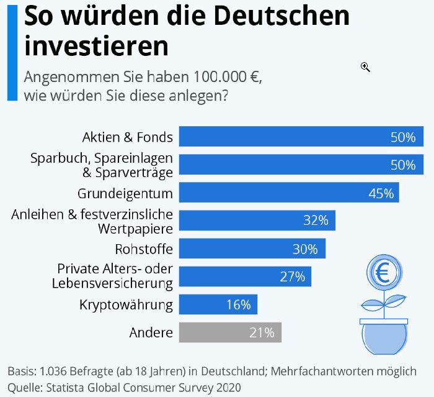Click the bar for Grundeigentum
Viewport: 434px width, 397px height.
tap(289, 193)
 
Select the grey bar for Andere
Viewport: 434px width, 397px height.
tap(230, 332)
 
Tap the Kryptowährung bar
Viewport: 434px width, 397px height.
tap(218, 304)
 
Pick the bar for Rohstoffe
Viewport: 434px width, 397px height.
tap(252, 249)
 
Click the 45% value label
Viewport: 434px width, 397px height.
tap(381, 193)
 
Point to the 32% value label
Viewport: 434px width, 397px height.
tap(316, 221)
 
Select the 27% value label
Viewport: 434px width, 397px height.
tap(292, 276)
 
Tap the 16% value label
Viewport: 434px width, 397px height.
tap(238, 304)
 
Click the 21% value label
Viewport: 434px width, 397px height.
tap(262, 332)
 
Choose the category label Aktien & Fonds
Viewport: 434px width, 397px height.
tap(128, 137)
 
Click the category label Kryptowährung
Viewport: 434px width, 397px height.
tap(126, 305)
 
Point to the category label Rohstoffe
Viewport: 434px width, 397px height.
tap(144, 250)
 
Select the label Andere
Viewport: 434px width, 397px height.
tap(151, 333)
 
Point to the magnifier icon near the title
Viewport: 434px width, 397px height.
tap(365, 66)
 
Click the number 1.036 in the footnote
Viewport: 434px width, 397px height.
tap(54, 372)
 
